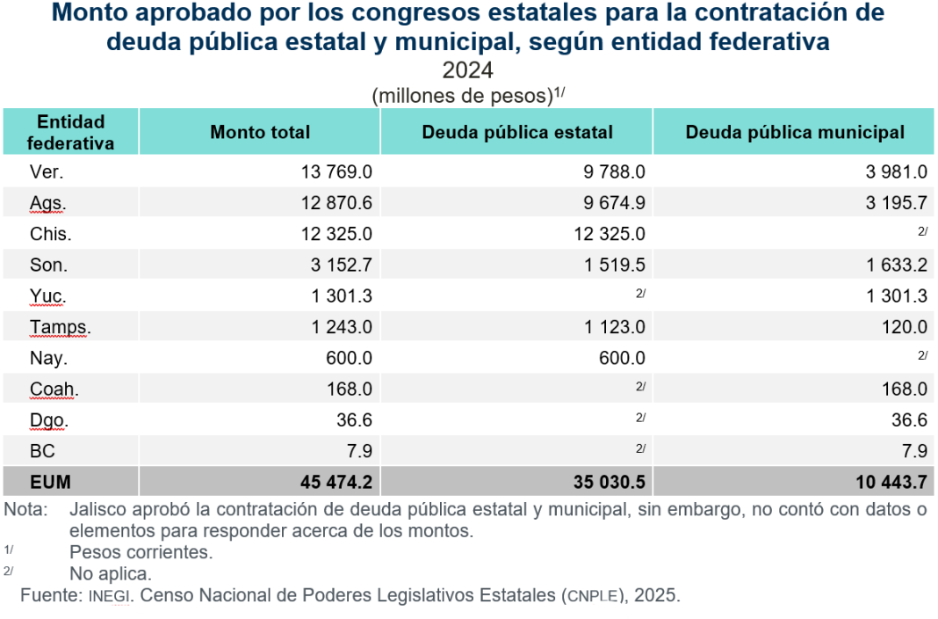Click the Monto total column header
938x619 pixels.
point(260,132)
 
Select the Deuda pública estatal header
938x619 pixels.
point(517,132)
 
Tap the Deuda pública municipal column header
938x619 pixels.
point(795,132)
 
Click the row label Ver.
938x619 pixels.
point(46,172)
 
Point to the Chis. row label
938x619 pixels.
point(50,234)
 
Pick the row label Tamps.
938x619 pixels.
point(60,327)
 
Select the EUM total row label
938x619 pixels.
point(50,482)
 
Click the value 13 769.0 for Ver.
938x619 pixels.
point(337,172)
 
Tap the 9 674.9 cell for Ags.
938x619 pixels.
point(614,203)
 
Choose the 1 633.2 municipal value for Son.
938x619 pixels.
point(896,265)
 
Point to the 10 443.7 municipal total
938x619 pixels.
point(891,482)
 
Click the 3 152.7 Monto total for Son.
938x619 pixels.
point(342,265)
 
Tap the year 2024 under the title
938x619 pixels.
point(467,70)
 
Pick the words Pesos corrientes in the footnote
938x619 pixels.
point(141,552)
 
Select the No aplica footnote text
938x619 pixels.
point(111,574)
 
